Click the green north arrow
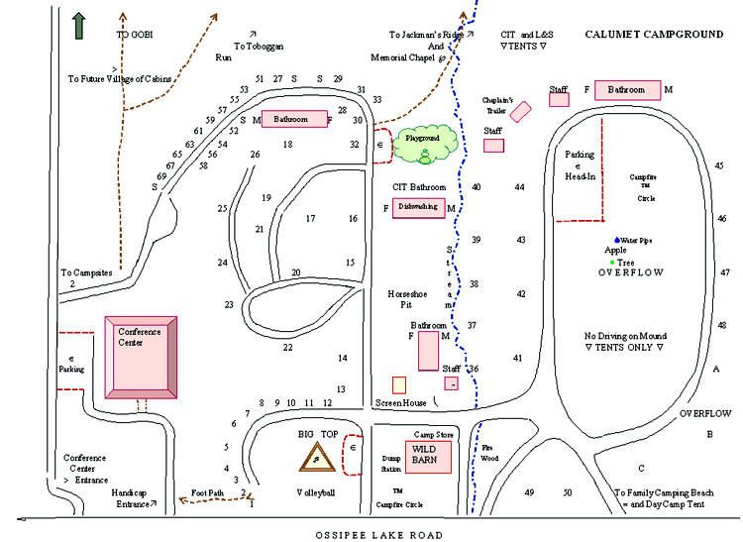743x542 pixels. [x=77, y=26]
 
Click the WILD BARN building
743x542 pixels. [x=424, y=456]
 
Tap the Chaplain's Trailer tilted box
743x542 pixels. [x=523, y=109]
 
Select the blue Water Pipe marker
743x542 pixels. [x=616, y=240]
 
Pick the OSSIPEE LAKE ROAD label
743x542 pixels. [x=371, y=532]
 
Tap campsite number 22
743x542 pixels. [x=287, y=347]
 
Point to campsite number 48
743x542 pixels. [x=722, y=325]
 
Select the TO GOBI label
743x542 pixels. [x=136, y=34]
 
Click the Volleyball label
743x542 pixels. [x=316, y=492]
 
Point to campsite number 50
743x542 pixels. [x=568, y=492]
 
